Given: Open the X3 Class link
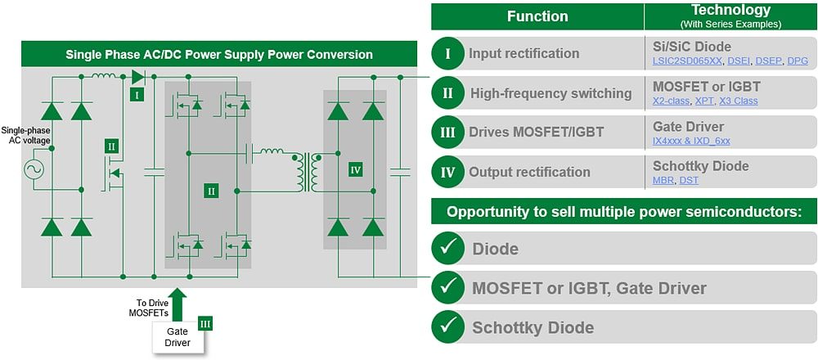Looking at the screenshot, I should coord(739,101).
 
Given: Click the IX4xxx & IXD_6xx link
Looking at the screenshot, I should coord(691,141).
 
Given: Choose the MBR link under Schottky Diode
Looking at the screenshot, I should coord(663,180).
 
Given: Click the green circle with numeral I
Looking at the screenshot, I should coord(447,54).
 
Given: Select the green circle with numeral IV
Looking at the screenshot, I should coord(447,172).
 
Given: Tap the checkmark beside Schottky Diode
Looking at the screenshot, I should coord(447,327).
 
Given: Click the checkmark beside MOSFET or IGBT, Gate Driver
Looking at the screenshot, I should coord(447,287).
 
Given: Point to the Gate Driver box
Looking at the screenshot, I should coord(178,336).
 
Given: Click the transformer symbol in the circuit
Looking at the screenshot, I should coord(310,171).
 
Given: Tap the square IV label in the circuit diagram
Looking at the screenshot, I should coord(354,169).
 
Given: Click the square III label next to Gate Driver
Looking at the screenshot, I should coord(205,324).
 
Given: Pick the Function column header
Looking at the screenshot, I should coord(537,16).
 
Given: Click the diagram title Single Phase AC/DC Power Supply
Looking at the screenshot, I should coord(219,55).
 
